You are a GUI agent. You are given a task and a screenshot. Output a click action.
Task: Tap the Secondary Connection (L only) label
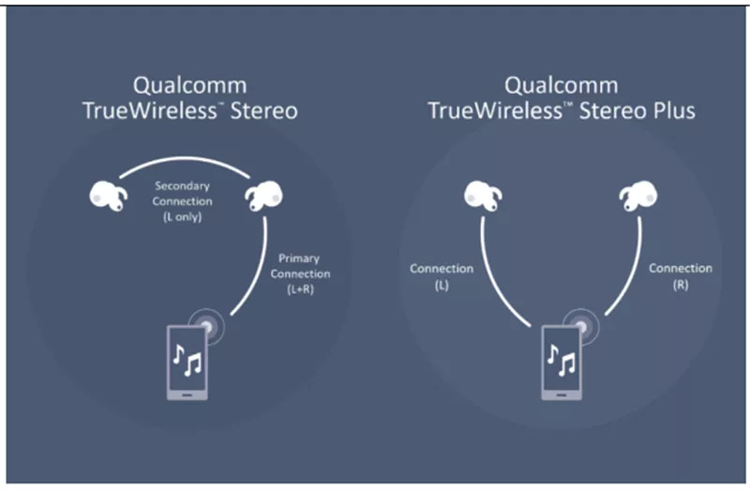[182, 201]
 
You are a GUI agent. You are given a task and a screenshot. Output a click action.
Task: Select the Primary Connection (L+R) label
[300, 274]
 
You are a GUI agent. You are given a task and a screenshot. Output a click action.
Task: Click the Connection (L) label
[442, 276]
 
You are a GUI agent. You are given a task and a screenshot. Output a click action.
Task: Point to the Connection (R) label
[681, 276]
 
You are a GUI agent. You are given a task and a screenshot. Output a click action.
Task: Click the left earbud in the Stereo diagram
[108, 196]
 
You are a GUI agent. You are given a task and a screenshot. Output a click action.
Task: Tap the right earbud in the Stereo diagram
[263, 196]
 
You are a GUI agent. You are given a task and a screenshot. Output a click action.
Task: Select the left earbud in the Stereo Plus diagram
[483, 196]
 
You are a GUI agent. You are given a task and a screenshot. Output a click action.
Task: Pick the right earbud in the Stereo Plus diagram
[638, 196]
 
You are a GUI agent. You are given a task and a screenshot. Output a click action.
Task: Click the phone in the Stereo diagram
[187, 363]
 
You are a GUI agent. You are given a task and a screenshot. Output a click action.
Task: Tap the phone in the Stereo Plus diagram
[562, 363]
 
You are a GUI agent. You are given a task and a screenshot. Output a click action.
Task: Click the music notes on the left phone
[187, 360]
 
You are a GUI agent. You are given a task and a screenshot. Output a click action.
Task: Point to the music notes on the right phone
[562, 360]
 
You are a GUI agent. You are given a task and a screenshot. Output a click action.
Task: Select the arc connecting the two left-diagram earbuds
[185, 158]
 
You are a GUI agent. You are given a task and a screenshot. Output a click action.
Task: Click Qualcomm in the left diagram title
[190, 86]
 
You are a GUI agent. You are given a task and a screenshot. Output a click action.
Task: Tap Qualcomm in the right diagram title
[561, 86]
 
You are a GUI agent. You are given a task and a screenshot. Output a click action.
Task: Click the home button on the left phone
[187, 394]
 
